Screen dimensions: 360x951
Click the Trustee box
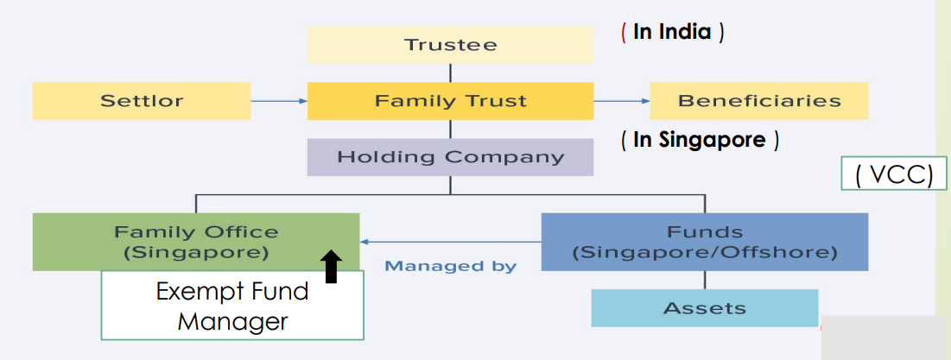450,44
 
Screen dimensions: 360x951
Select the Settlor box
142,101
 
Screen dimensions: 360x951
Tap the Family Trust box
450,101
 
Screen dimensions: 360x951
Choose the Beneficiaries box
758,101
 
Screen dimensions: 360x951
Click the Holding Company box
450,157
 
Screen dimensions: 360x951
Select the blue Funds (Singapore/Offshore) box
704,242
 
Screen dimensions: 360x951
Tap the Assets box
704,308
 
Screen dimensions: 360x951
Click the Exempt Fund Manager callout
231,306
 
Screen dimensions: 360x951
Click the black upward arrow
332,267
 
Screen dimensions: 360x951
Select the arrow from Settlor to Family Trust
278,101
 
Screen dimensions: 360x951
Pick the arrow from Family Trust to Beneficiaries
621,101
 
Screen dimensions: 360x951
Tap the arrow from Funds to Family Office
449,242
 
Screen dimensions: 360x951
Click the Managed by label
450,266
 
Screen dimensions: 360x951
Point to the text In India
672,33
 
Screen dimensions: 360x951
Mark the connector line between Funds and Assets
704,280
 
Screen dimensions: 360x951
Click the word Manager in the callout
231,322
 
